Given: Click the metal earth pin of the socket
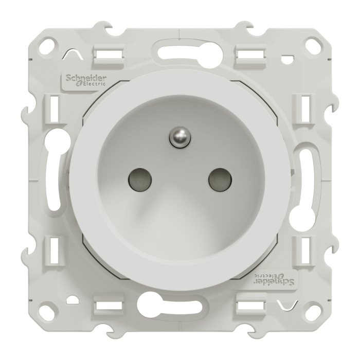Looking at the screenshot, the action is point(181,137).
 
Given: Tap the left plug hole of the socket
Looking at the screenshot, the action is point(140,180).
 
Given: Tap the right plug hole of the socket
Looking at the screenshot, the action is point(220,180).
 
